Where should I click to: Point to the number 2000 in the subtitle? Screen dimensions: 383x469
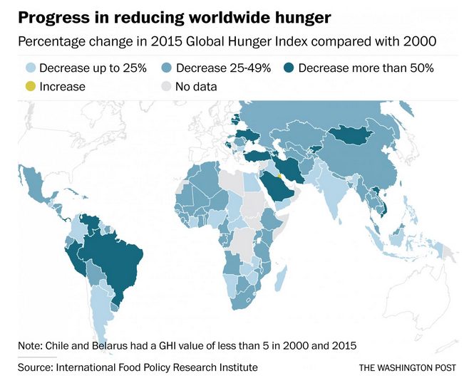coord(418,41)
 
